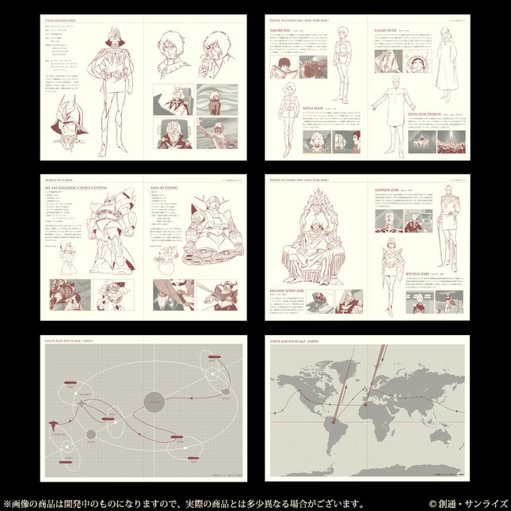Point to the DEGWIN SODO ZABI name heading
tap(293, 291)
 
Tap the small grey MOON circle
tap(92, 434)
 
